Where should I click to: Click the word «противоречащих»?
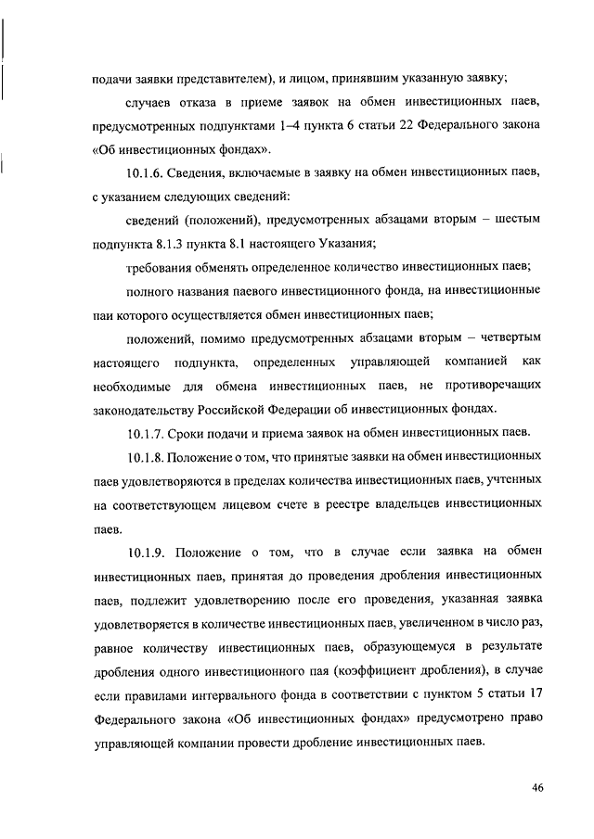point(496,385)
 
